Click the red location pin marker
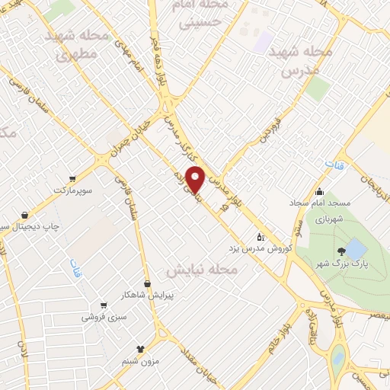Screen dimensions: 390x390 196,178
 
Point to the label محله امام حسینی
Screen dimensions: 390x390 202,15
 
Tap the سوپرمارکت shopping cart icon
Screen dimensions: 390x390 72,178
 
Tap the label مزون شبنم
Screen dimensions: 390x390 139,360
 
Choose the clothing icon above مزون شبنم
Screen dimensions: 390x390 139,348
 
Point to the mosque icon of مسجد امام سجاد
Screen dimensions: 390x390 318,192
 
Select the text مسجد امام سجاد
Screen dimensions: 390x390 318,203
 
